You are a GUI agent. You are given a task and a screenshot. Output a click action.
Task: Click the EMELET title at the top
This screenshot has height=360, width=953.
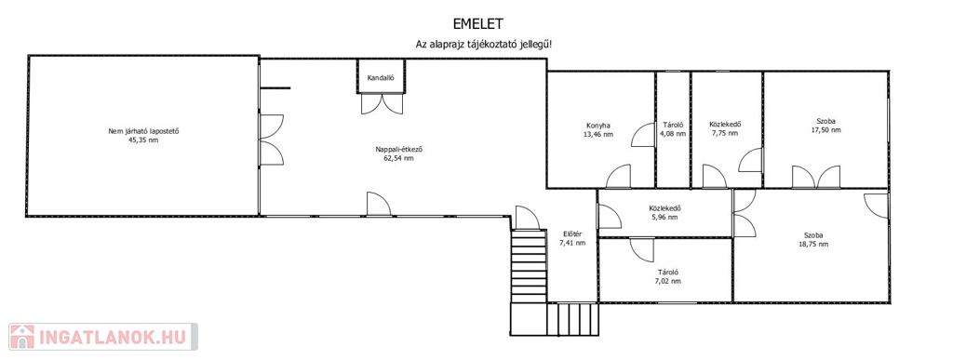click(478, 23)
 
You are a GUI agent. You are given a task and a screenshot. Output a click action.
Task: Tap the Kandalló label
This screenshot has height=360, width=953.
click(381, 78)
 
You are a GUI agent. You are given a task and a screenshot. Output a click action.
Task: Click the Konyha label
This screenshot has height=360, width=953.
click(598, 125)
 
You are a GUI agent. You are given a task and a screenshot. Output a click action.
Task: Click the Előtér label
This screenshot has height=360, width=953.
click(572, 234)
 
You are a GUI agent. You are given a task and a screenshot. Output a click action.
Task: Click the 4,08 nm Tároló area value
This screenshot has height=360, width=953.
click(674, 134)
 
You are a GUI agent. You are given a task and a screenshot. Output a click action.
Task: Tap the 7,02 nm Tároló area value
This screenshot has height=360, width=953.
click(668, 281)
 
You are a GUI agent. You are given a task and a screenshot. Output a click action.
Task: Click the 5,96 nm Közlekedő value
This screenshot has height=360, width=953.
click(664, 218)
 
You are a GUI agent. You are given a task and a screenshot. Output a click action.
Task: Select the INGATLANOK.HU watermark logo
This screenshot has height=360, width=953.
click(103, 337)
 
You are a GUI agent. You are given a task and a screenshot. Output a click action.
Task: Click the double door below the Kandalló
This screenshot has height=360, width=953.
click(382, 103)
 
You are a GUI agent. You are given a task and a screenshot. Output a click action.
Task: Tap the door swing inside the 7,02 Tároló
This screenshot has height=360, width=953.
click(641, 249)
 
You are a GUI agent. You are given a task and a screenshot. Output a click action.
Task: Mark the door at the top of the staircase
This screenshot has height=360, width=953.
click(527, 218)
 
